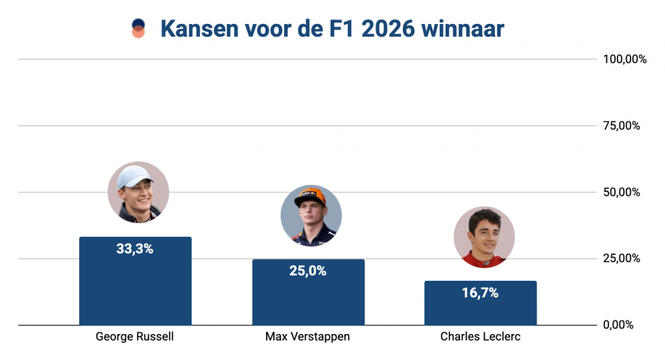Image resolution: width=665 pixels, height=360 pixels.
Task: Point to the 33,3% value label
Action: (x=135, y=250)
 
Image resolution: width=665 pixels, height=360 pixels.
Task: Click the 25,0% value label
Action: (x=308, y=271)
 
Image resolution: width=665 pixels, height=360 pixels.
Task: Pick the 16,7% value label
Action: (x=480, y=293)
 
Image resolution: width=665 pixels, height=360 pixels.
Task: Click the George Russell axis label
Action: (x=135, y=337)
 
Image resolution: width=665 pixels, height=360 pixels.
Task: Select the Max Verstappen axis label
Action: (x=307, y=337)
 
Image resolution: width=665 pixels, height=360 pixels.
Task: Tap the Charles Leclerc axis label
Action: (x=480, y=337)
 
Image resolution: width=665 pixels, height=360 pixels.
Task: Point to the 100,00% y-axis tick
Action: (x=624, y=59)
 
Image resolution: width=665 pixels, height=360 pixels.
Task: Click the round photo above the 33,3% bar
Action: (x=138, y=192)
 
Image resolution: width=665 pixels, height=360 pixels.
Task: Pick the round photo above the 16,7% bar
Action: (x=484, y=237)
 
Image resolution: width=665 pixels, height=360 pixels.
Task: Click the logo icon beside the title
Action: (x=138, y=29)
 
